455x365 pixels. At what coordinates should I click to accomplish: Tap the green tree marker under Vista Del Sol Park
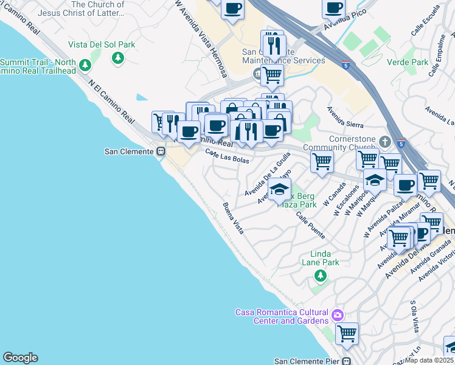(118, 58)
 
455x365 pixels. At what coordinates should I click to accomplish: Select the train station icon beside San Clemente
(161, 151)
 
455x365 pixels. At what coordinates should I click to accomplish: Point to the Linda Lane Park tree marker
(321, 276)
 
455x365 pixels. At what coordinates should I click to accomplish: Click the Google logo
(20, 358)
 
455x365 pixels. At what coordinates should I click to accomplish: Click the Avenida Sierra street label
(345, 117)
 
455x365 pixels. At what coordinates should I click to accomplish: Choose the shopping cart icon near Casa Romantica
(347, 333)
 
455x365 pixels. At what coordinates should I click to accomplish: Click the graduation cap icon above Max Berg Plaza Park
(279, 189)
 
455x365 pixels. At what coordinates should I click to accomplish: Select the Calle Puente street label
(310, 225)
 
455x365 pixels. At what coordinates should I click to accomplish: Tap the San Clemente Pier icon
(347, 361)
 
